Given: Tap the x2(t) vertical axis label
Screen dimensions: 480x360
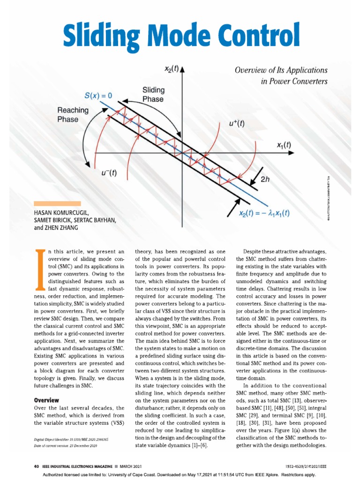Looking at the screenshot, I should tap(170, 69).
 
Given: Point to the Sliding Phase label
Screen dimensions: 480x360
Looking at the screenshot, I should tap(153, 95).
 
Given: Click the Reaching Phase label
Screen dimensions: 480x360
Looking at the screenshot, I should tap(73, 114).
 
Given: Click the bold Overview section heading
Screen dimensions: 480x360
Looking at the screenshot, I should tap(47, 400).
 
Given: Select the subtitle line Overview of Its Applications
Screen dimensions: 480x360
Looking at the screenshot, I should tap(281, 70).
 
